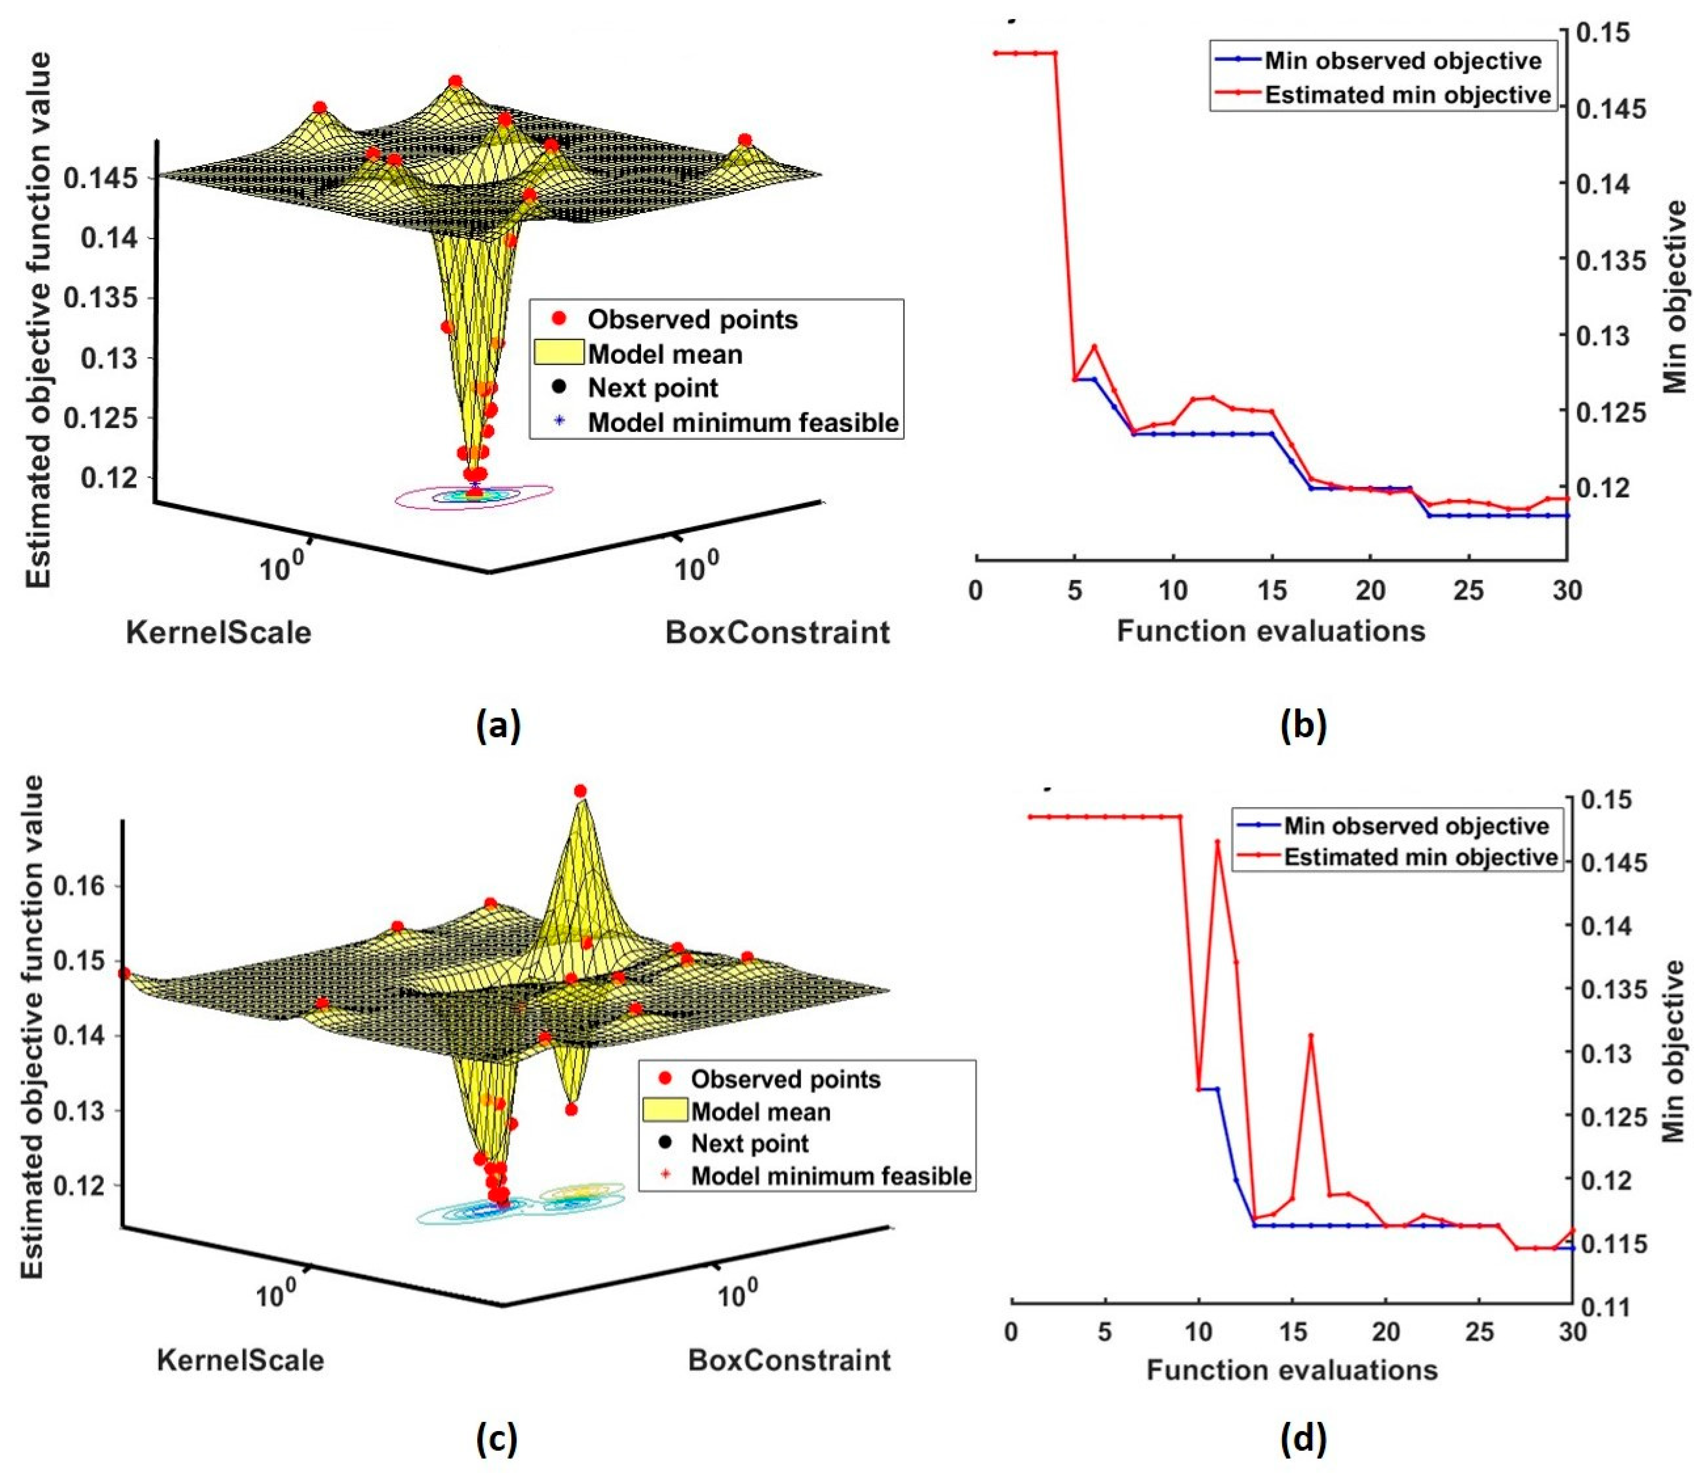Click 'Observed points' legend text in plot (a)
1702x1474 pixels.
692,319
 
